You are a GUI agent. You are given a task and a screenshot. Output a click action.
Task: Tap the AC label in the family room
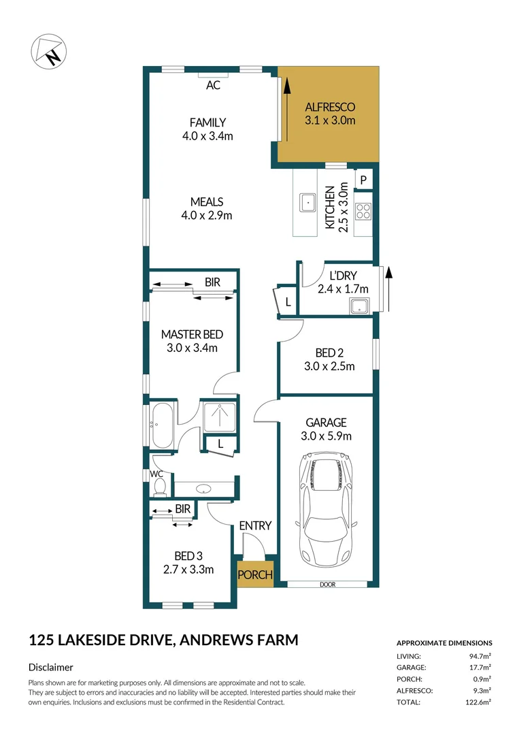[213, 86]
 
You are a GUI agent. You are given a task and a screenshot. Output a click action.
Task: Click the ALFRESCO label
[330, 108]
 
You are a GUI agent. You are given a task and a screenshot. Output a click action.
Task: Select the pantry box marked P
[364, 180]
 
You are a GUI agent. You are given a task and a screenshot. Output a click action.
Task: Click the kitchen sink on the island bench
[308, 202]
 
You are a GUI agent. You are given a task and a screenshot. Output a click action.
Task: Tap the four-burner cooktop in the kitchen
[363, 212]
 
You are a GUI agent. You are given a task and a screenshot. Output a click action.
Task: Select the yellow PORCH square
[255, 574]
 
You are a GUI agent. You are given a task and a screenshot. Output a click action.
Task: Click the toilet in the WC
[161, 486]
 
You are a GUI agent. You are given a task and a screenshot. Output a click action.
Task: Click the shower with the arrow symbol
[219, 416]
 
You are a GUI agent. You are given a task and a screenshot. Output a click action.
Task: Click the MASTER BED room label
[192, 334]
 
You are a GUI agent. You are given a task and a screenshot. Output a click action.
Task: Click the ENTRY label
[255, 525]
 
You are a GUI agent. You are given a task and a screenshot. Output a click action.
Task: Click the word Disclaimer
[51, 668]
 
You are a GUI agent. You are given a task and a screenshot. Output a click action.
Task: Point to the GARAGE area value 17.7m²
[479, 668]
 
